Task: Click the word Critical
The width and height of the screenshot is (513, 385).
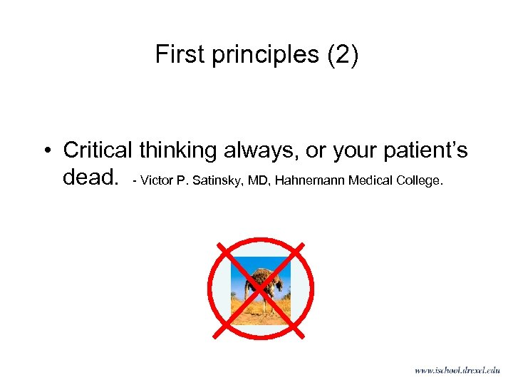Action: tap(98, 150)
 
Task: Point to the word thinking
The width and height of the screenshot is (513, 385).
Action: tap(178, 150)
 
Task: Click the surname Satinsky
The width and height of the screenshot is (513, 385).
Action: tap(214, 180)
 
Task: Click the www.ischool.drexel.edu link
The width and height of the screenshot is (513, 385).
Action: tap(457, 370)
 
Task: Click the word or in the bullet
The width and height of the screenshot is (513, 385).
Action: tap(314, 150)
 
